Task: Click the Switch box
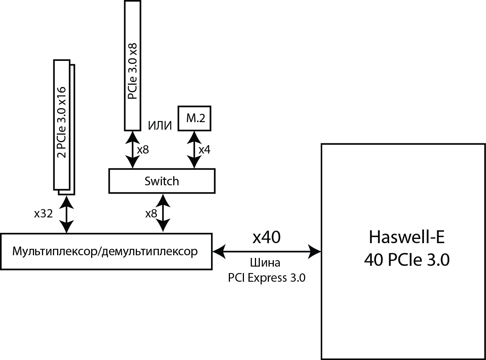tap(161, 181)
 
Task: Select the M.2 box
tap(194, 118)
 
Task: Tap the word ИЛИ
tap(160, 126)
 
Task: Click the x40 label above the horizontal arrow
tap(267, 237)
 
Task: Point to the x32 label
tap(43, 214)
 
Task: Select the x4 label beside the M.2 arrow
tap(204, 150)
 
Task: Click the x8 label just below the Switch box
tap(151, 214)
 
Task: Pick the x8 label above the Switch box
tap(143, 150)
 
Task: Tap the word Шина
tap(266, 263)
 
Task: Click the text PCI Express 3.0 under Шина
tap(267, 278)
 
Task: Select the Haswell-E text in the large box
tap(407, 237)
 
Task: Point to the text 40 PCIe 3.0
tap(407, 260)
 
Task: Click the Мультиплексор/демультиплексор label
tap(105, 251)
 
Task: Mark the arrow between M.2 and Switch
tap(194, 150)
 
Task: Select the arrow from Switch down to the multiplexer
tap(163, 213)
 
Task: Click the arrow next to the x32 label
tap(67, 214)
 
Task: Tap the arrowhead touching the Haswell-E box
tap(315, 250)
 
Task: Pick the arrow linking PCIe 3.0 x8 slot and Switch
tap(132, 150)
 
